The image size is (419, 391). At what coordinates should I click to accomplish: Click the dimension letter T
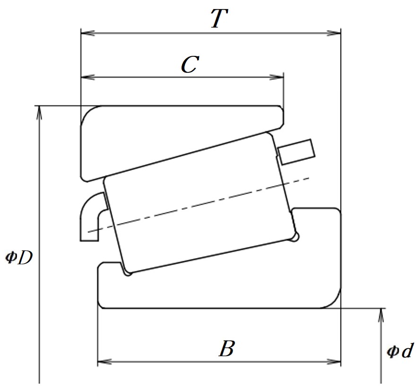pos(219,18)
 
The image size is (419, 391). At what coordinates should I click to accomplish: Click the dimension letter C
pos(190,64)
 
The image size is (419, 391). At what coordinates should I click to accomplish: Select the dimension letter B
pos(227,348)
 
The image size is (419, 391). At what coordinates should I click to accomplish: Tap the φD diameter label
pos(19,258)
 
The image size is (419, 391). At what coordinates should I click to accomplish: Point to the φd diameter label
pos(400,350)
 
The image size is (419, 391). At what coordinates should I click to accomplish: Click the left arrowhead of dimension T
pos(87,33)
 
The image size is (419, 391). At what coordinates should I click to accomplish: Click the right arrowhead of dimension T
pos(334,33)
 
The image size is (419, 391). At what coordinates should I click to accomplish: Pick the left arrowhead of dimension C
pos(87,77)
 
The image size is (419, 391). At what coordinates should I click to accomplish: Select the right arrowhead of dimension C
pos(277,77)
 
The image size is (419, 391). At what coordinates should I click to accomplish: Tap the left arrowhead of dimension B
pos(105,362)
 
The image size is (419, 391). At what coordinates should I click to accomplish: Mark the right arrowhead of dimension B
pos(334,362)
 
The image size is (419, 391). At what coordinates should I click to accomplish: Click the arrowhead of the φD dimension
pos(39,113)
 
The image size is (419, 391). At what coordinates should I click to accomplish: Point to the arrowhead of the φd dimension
pos(381,315)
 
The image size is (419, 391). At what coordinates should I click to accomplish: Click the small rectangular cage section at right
pos(296,151)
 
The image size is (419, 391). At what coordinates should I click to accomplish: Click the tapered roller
pos(201,203)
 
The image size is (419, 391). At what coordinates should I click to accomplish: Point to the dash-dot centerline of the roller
pos(199,204)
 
